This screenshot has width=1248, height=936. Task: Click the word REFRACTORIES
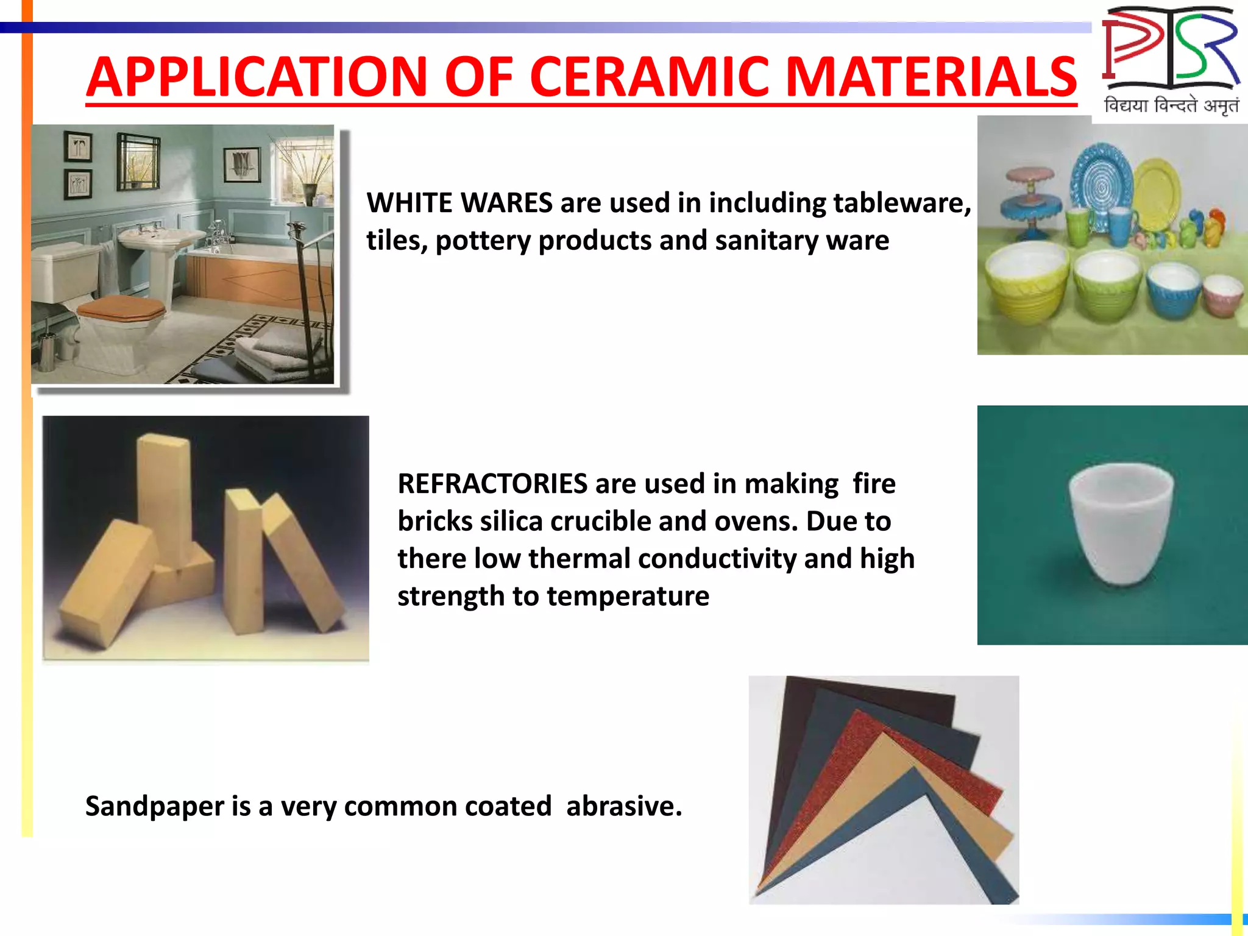pyautogui.click(x=492, y=484)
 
